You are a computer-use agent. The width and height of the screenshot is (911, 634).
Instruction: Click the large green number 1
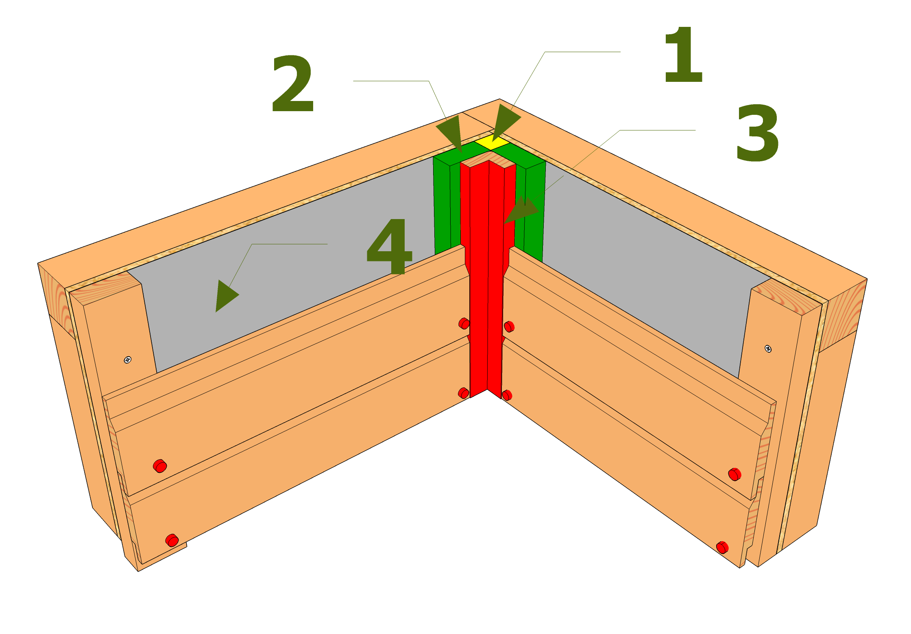(x=684, y=55)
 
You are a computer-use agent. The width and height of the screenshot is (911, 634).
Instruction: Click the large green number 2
(x=292, y=84)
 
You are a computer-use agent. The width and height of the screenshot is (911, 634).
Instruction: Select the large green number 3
(x=757, y=133)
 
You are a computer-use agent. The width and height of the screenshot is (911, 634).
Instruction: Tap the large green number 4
(x=389, y=246)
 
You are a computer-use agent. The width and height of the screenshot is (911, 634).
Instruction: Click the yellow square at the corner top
(x=492, y=143)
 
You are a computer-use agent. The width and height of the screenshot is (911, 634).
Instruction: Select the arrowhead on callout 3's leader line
(x=522, y=209)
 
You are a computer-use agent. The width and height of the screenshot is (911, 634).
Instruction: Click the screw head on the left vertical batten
(x=128, y=360)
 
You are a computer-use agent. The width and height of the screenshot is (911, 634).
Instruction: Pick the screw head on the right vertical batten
(x=768, y=348)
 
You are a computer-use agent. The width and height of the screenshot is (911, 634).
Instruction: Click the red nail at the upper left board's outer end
(x=160, y=466)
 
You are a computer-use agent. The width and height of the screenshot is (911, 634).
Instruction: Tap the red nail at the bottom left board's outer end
(x=172, y=540)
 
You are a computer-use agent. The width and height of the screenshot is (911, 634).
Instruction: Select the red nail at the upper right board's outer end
(x=734, y=474)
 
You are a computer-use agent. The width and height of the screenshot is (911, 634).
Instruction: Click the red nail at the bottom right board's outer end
(x=722, y=547)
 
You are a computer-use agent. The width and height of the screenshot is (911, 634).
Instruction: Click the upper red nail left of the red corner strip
(x=464, y=324)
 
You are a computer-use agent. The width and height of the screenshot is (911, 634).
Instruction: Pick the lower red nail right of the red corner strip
(x=507, y=395)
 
